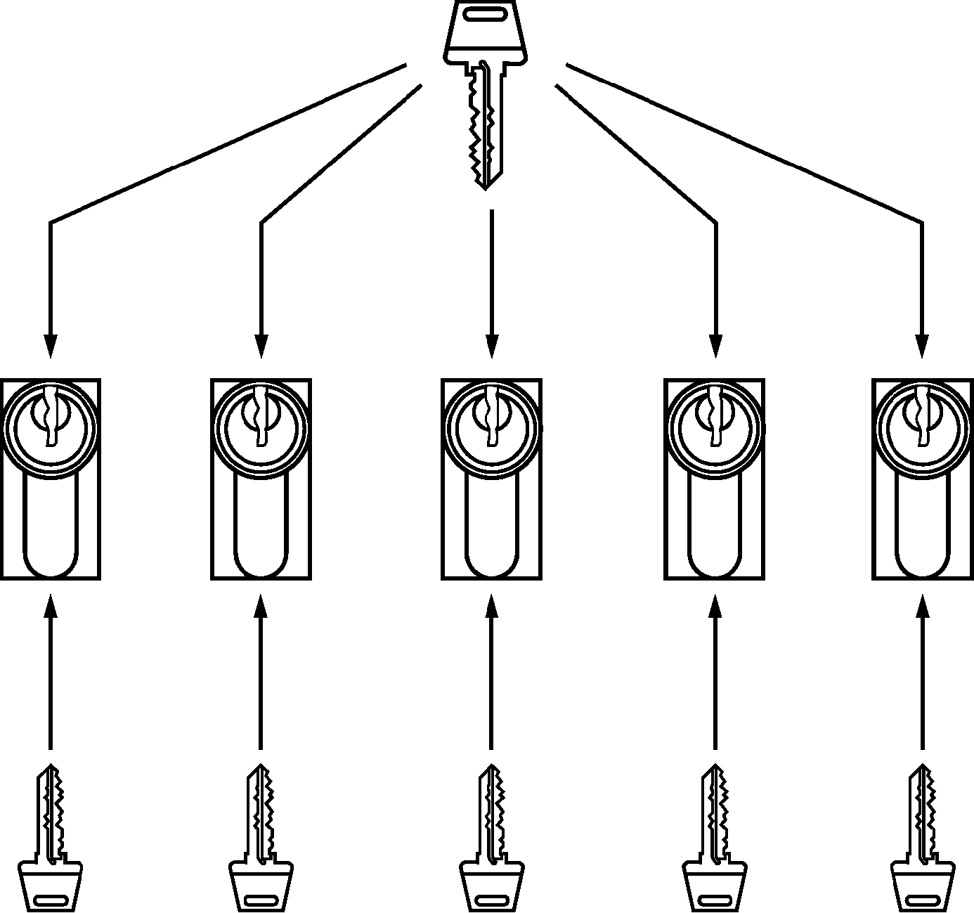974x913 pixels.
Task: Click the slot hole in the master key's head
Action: pos(485,13)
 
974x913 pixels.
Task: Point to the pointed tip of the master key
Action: pos(485,186)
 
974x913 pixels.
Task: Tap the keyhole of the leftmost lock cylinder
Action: pos(49,417)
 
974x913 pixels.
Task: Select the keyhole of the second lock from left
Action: pos(261,417)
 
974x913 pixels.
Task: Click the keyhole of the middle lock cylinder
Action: pos(491,417)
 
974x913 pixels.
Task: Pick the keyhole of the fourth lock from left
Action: pos(715,417)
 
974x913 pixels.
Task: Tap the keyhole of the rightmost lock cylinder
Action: pos(922,417)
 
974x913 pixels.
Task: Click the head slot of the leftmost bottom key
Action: pos(51,900)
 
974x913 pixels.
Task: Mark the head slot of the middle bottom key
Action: pos(492,900)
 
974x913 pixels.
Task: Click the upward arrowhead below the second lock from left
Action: pos(261,606)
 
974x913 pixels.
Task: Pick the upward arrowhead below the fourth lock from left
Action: pos(715,606)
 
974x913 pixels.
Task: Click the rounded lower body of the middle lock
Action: pos(491,534)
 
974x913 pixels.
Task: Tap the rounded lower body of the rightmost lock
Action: pos(922,534)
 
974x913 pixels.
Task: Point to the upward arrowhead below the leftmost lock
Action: pos(49,606)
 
